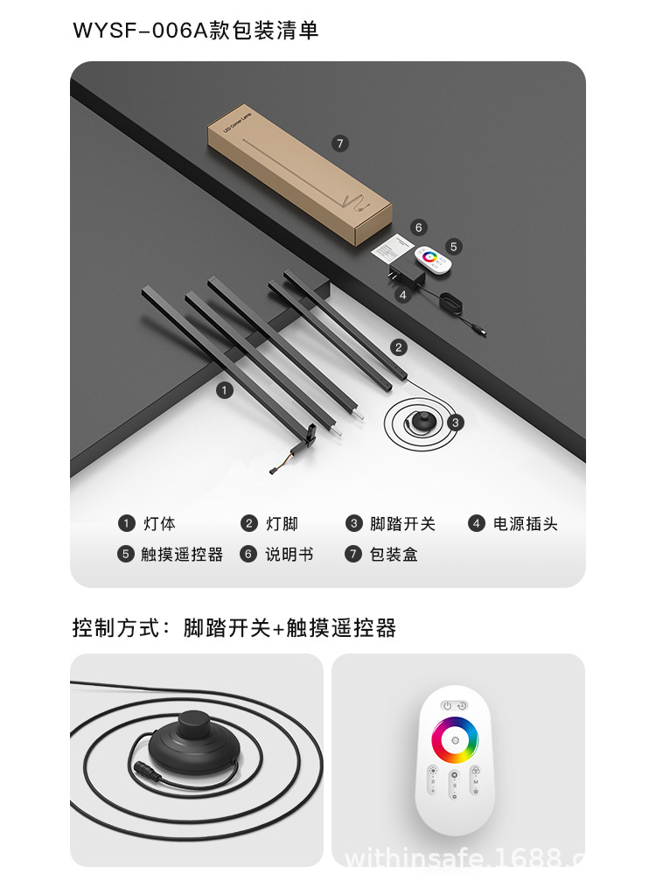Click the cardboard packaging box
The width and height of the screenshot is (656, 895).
tap(297, 175)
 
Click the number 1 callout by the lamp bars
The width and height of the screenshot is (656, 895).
tap(225, 390)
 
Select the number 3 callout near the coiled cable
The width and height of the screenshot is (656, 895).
tap(456, 422)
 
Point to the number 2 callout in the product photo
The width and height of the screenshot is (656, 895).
tap(399, 347)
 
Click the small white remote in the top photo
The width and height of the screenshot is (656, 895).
tap(430, 258)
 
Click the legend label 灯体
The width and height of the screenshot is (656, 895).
tap(159, 524)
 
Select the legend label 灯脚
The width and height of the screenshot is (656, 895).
tap(282, 524)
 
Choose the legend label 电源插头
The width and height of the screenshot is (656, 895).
tap(525, 524)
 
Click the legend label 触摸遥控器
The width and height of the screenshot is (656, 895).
tap(182, 555)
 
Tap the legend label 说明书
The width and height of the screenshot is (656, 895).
tap(289, 555)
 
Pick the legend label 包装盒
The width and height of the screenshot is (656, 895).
tap(394, 555)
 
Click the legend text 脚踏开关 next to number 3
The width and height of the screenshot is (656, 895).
tap(402, 524)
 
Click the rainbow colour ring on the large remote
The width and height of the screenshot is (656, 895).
tap(455, 741)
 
